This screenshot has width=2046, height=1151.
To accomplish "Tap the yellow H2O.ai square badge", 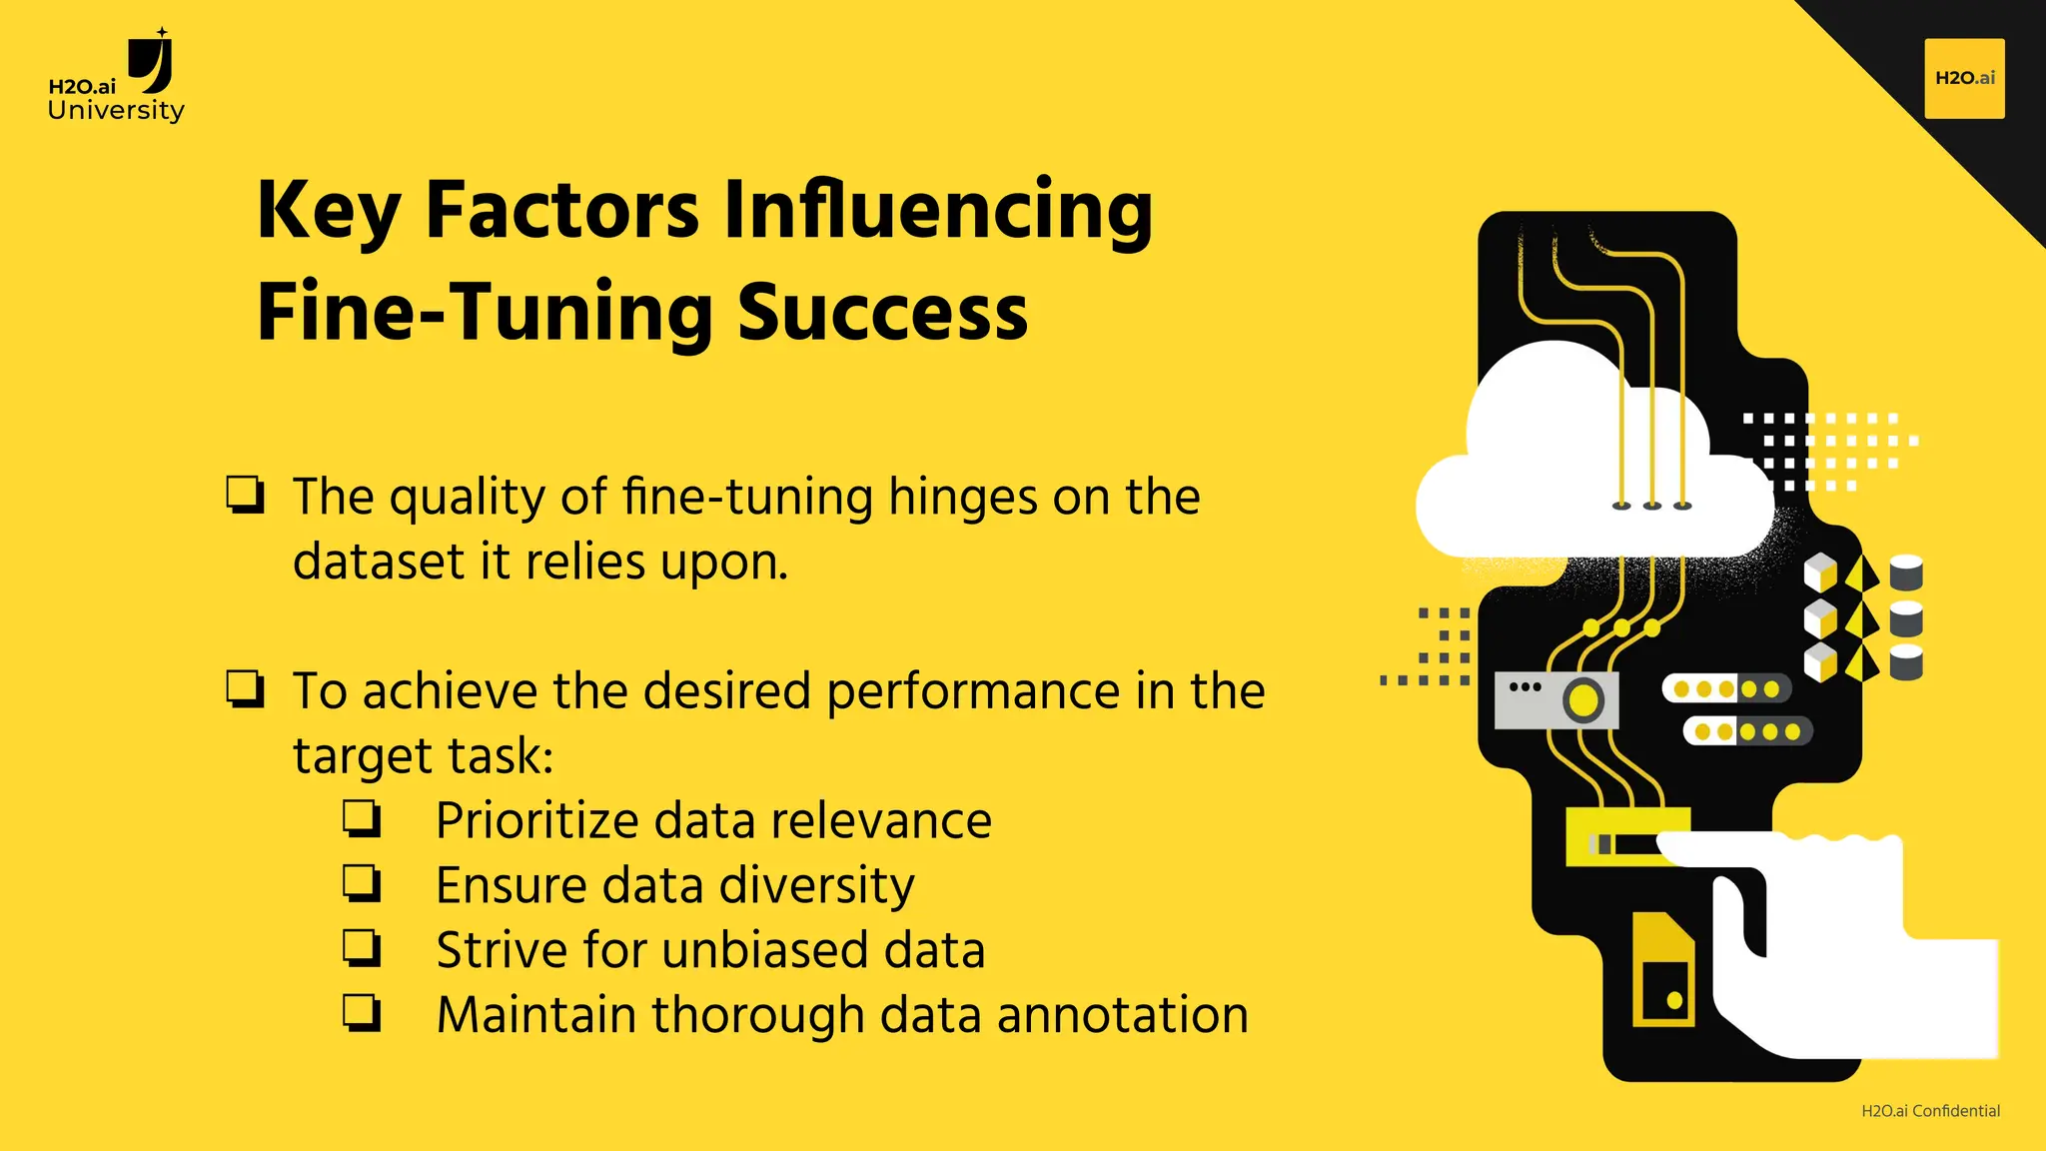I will [1964, 78].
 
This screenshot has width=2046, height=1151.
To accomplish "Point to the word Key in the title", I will [329, 211].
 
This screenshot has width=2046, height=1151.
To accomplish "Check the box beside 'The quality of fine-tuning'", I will [245, 495].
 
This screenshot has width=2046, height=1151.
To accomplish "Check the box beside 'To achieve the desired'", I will [245, 689].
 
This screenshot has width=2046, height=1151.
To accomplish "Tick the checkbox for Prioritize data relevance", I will [362, 818].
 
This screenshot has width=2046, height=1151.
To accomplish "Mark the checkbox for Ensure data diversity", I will [362, 883].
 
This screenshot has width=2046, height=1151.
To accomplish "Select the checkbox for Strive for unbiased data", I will [362, 948].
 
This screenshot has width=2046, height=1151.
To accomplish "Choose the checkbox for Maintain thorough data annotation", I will [362, 1013].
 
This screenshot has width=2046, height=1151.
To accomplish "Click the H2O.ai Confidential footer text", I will [1930, 1111].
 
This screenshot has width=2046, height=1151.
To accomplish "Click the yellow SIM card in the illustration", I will [1662, 971].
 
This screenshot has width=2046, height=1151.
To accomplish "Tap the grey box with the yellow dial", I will [1555, 699].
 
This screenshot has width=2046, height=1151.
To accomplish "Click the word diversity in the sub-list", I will [816, 885].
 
